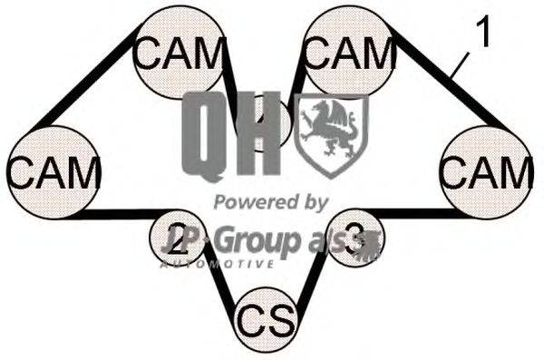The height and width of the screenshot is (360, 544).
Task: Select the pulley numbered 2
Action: [x=178, y=238]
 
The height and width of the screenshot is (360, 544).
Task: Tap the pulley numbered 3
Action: [x=353, y=238]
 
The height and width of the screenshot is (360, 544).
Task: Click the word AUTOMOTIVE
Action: [x=218, y=264]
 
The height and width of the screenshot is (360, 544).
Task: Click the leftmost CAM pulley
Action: [x=53, y=171]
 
